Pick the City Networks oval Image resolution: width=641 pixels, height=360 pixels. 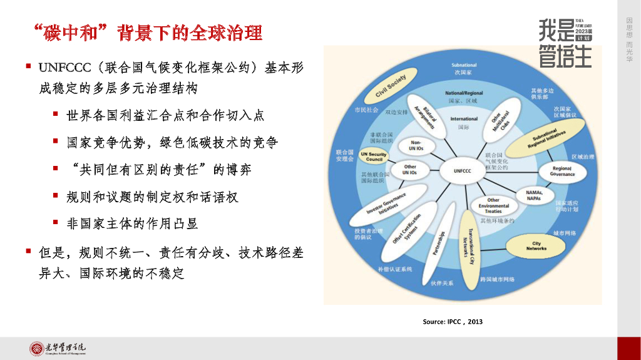536,245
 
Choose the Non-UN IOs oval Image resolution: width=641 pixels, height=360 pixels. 417,146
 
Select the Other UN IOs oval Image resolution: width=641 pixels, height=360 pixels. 410,170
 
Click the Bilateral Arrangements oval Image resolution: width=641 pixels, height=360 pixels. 429,115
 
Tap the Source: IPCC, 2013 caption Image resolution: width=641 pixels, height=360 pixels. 453,322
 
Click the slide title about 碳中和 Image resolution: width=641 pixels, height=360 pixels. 148,32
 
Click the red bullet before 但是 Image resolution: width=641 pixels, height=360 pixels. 29,251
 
